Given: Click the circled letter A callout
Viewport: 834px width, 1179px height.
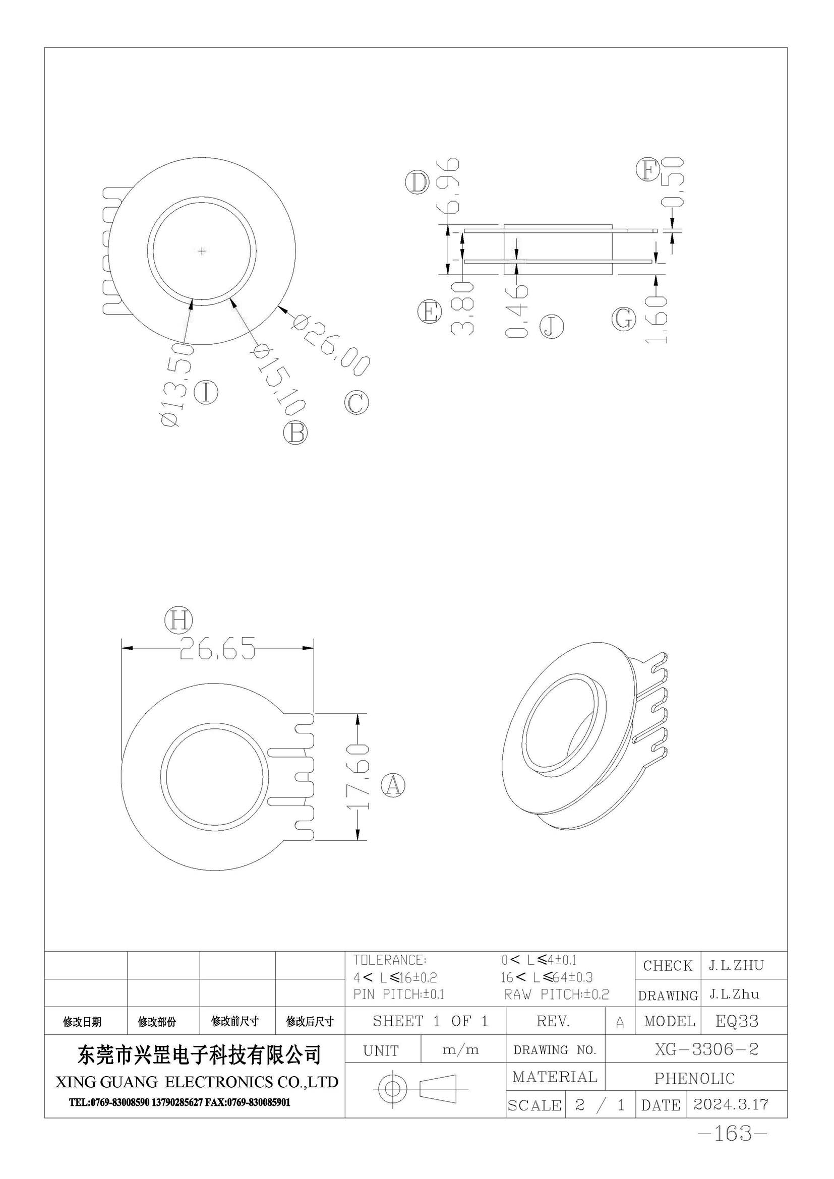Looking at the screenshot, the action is coord(393,785).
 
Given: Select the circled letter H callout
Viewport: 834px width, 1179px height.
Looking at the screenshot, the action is coord(178,621).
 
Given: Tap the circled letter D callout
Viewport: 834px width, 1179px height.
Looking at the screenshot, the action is coord(417,182).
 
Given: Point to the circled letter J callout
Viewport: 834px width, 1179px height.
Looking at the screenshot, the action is coord(551,327).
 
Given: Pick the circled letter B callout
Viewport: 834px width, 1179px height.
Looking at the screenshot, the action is coord(295,432).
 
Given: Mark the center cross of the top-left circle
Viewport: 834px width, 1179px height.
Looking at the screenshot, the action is coord(202,251).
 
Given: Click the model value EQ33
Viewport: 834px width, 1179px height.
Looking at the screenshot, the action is coord(737,1021).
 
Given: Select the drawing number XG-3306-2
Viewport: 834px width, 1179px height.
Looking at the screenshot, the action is coord(706,1049).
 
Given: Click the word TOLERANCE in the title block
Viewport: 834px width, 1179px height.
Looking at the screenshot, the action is coord(389,959).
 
